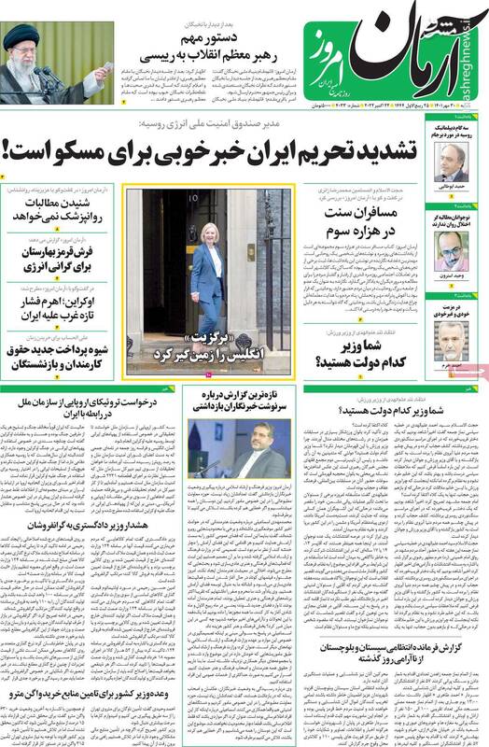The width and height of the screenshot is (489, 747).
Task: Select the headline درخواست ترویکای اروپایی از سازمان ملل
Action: pyautogui.click(x=89, y=407)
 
